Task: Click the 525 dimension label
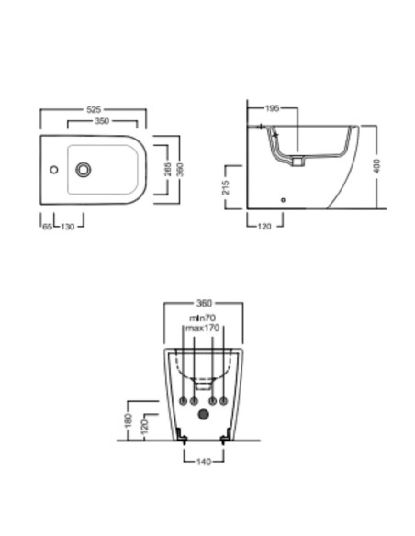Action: pos(94,109)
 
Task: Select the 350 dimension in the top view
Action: pos(102,121)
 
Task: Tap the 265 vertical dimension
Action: pos(167,170)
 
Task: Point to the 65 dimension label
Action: pos(48,227)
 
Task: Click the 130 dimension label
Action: pos(68,227)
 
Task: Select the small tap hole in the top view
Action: pos(53,170)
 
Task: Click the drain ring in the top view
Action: pos(83,170)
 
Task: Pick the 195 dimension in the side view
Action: pos(273,108)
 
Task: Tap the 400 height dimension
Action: pos(376,166)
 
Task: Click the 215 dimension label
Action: pos(226,187)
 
